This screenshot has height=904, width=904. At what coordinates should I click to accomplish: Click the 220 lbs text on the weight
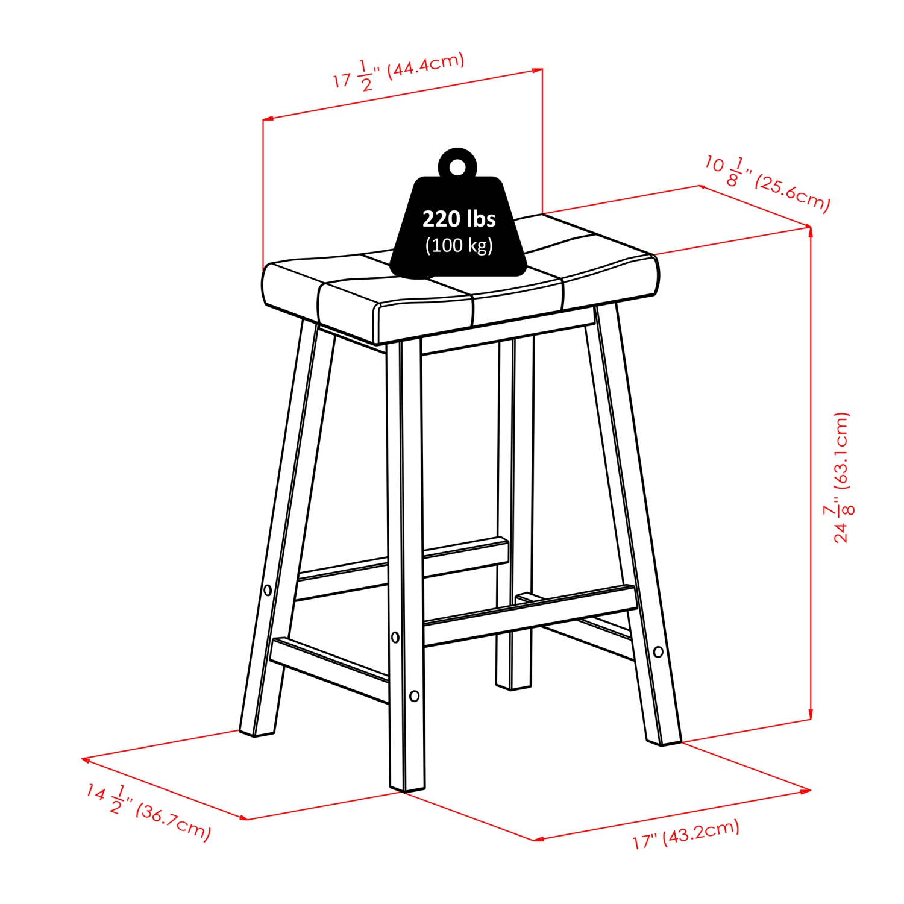point(459,219)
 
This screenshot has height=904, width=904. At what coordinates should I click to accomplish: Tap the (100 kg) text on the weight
point(459,245)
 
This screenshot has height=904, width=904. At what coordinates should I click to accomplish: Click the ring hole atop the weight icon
point(458,167)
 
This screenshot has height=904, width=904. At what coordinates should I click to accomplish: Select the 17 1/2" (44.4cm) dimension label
point(398,74)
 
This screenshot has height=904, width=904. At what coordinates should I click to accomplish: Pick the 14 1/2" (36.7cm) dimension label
point(148,811)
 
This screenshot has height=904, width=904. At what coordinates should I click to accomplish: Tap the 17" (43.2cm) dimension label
point(686,834)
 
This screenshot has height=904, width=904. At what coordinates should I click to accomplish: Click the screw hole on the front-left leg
point(268,590)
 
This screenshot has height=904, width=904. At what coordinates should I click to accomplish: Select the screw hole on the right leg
point(658,651)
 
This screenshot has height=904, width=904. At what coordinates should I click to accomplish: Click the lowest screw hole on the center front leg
point(414,696)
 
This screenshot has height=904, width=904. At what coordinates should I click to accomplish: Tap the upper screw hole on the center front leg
point(395,637)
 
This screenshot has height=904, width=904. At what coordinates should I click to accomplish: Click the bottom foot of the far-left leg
point(257,731)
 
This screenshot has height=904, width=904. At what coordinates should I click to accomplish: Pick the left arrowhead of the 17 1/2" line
point(267,119)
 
